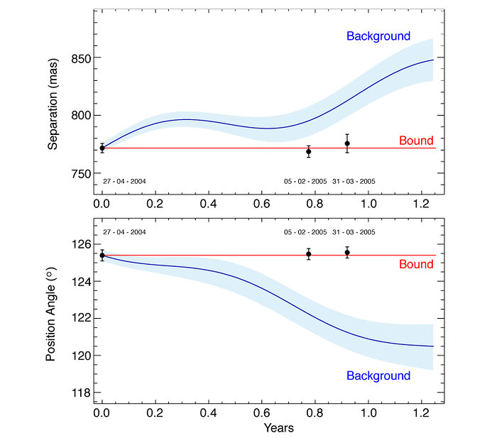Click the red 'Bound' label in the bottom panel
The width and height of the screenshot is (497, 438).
pyautogui.click(x=416, y=264)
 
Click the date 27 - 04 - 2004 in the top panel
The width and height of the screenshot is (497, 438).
pyautogui.click(x=124, y=182)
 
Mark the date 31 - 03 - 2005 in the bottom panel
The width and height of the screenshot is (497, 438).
pyautogui.click(x=354, y=232)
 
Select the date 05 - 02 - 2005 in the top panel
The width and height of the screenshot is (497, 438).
pyautogui.click(x=305, y=182)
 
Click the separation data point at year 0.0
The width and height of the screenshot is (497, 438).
pyautogui.click(x=102, y=148)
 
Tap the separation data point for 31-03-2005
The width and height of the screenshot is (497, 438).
pyautogui.click(x=347, y=143)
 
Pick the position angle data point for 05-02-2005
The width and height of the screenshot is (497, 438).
pyautogui.click(x=309, y=253)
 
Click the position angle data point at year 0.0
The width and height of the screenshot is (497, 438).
pyautogui.click(x=102, y=256)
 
